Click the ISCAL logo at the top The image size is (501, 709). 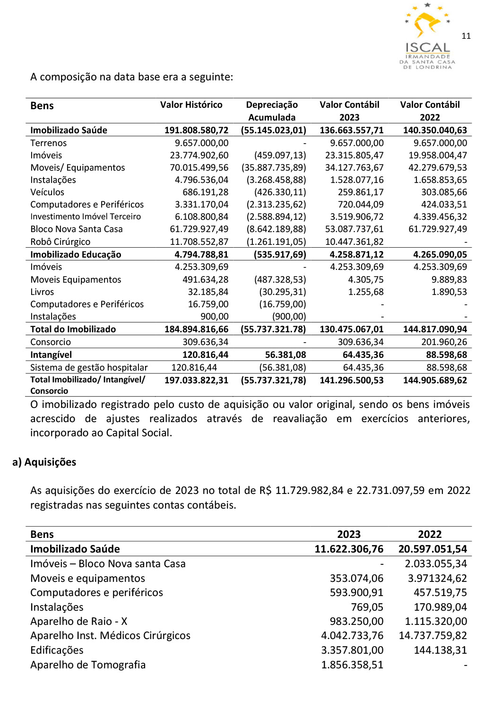427,37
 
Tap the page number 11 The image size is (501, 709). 466,36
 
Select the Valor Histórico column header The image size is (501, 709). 191,105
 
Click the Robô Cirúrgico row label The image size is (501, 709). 60,242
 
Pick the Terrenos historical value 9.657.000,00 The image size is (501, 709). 201,143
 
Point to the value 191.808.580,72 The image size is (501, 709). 196,130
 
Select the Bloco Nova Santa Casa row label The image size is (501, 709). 77,229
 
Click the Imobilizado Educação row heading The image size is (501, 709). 76,254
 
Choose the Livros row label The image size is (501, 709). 42,292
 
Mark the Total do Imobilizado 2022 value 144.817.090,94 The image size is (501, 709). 435,329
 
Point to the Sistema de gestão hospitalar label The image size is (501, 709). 89,367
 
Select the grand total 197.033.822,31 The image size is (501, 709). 196,380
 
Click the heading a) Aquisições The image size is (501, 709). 44,462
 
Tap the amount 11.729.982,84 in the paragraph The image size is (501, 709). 309,490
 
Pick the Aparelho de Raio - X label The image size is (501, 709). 79,621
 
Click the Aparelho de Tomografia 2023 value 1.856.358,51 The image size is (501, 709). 352,665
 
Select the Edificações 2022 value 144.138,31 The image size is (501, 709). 440,650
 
